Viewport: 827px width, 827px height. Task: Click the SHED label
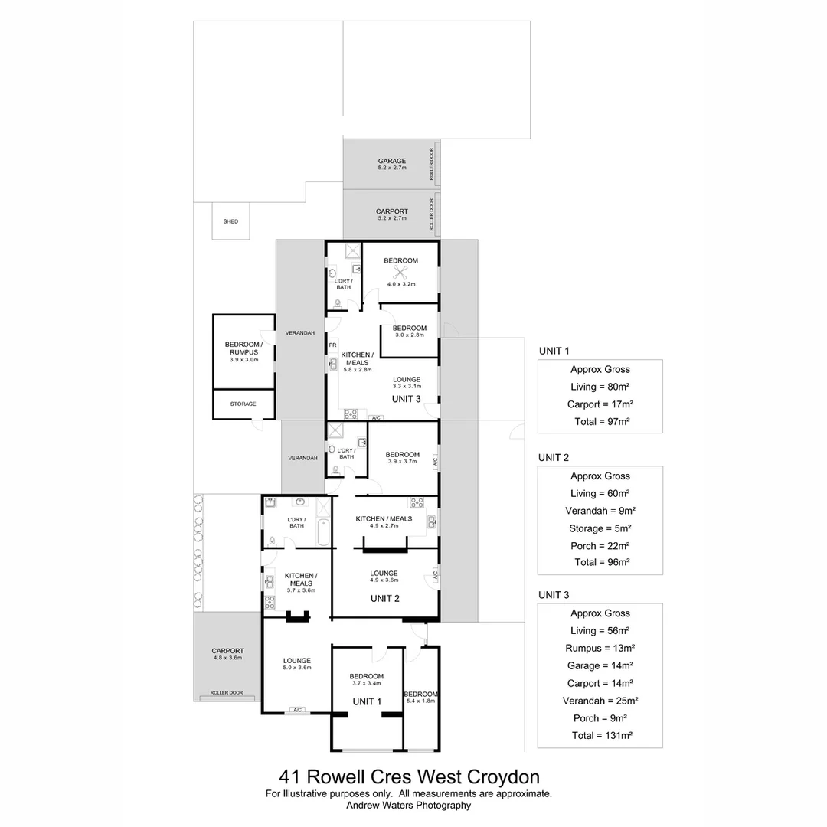point(230,221)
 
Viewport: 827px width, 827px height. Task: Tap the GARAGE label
point(391,161)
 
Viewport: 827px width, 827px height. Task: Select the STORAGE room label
point(243,404)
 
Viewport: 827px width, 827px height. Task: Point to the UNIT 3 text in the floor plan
point(406,399)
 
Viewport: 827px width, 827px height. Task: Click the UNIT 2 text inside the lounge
point(385,598)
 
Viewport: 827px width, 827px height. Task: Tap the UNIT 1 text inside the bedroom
point(366,701)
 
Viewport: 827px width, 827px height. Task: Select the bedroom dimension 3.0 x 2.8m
point(410,335)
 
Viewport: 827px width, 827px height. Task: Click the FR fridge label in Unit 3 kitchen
point(332,345)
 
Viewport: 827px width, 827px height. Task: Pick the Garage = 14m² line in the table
point(600,665)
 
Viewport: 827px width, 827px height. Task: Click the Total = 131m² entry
point(600,735)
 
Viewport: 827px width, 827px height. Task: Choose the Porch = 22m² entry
point(600,545)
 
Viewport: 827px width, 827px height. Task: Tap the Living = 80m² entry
point(600,387)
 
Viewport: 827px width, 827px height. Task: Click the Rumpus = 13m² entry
point(600,648)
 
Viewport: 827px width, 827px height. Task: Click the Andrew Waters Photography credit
point(408,805)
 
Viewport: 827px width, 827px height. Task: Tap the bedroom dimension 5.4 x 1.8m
point(420,701)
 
